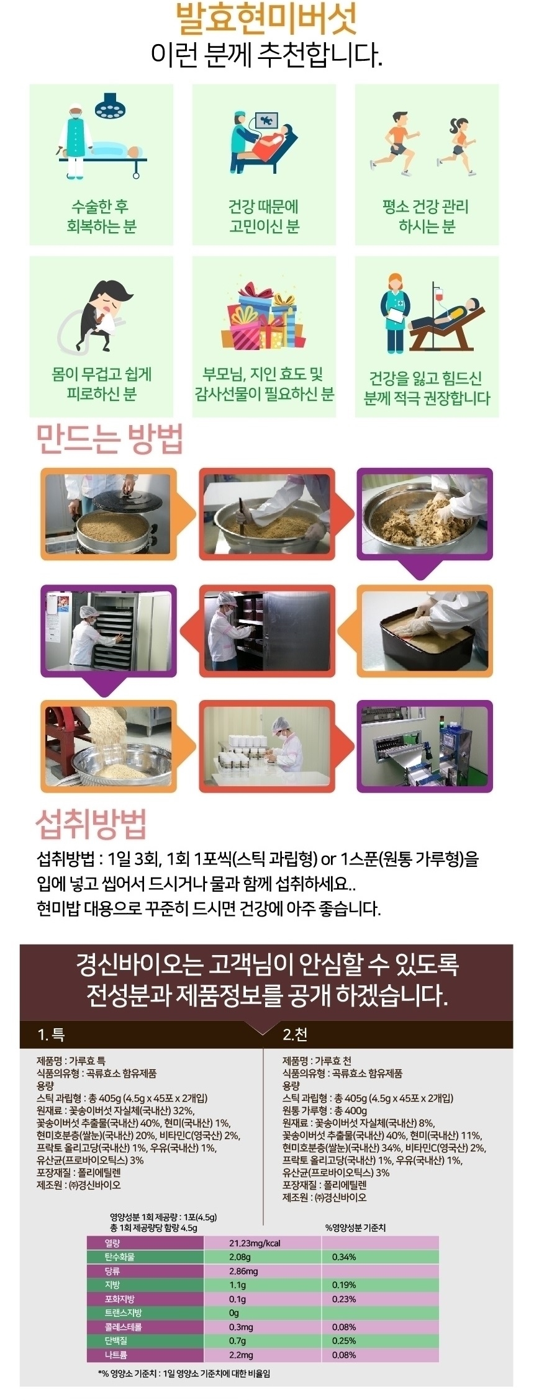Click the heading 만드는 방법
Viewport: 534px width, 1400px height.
pos(110,439)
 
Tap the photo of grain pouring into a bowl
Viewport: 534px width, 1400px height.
pos(107,747)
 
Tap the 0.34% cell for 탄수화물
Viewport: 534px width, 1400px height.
pos(344,1257)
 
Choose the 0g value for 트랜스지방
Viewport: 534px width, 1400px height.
pos(233,1312)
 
